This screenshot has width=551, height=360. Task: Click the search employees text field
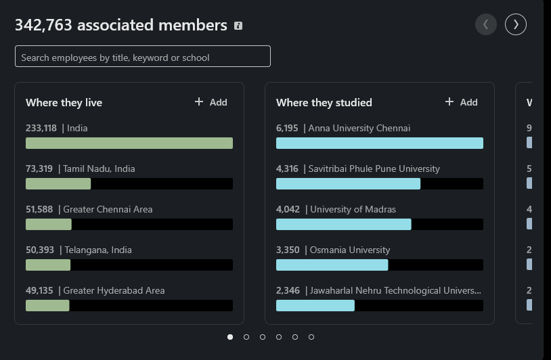[x=142, y=57]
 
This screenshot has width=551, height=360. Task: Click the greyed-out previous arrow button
[x=485, y=25]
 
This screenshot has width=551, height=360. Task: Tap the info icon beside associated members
[x=238, y=26]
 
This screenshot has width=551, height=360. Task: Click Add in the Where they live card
[x=211, y=102]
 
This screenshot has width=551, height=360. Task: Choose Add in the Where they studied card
[x=462, y=102]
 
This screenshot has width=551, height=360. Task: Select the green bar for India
[x=129, y=143]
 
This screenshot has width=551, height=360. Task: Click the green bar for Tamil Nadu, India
[x=58, y=184]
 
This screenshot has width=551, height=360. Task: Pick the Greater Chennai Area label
[x=108, y=209]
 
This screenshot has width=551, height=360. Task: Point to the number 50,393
[x=40, y=250]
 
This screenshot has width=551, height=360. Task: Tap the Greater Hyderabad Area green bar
[x=47, y=306]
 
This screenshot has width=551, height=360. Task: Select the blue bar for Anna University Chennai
[x=379, y=143]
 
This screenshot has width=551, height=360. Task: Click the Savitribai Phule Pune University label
[x=374, y=168]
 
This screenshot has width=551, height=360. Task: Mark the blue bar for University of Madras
[x=343, y=225]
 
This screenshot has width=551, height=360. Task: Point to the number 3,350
[x=288, y=250]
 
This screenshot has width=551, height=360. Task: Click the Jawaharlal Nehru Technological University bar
[x=315, y=306]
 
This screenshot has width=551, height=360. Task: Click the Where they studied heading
[x=324, y=103]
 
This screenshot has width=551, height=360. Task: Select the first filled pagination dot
[x=230, y=337]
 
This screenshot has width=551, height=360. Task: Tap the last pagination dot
[x=311, y=337]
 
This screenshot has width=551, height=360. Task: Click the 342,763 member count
[x=45, y=26]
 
